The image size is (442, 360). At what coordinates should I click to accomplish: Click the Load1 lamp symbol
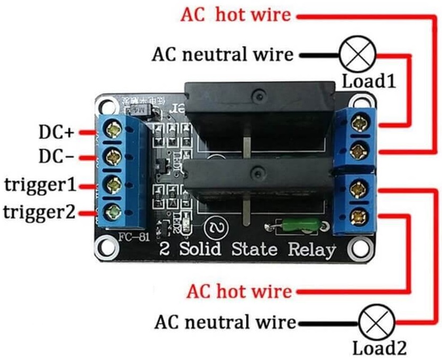(x=357, y=54)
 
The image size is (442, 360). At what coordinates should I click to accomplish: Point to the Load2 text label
(x=379, y=348)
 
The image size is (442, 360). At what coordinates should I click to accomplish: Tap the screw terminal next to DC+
(x=113, y=129)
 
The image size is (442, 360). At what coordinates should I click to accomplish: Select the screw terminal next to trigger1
(x=113, y=184)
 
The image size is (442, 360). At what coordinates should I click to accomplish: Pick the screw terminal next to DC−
(x=113, y=156)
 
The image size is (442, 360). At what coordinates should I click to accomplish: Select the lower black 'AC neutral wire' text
(x=225, y=322)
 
